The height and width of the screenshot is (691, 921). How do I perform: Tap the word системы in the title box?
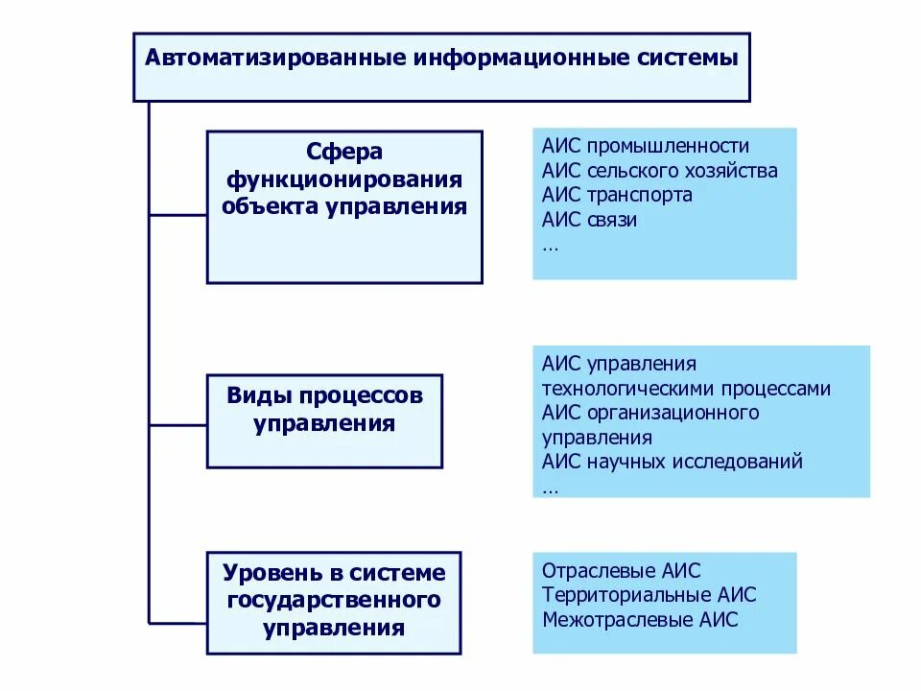click(x=689, y=57)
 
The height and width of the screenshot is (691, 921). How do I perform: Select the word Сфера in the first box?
click(x=344, y=153)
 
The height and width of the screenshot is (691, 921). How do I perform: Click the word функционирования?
click(x=344, y=179)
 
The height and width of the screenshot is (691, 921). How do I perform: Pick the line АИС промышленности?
click(x=645, y=146)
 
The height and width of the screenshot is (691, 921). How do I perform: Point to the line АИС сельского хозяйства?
click(x=659, y=171)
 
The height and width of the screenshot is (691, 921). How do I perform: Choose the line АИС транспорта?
click(x=617, y=195)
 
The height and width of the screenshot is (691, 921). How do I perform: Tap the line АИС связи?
click(x=589, y=219)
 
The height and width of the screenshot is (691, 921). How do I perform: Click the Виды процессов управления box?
click(x=324, y=420)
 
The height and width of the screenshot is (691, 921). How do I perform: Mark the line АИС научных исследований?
click(x=672, y=462)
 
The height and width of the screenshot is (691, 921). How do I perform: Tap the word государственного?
click(x=334, y=601)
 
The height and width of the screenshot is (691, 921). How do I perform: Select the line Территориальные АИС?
click(x=649, y=594)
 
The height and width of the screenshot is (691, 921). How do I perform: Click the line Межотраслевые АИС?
click(x=640, y=619)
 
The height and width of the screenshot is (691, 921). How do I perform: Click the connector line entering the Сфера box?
click(x=177, y=216)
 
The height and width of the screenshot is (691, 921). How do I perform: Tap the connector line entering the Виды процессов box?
click(x=177, y=421)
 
